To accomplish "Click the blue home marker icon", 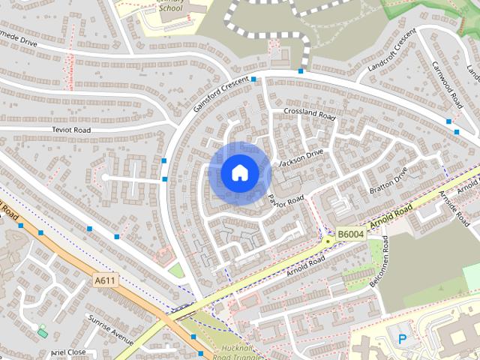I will [239, 172].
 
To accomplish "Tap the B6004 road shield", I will [349, 235].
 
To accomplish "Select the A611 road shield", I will [105, 280].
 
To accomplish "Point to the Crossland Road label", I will [309, 112].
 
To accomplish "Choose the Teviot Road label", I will [71, 130].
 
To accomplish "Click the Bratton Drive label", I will [388, 181].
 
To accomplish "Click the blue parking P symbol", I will [402, 339].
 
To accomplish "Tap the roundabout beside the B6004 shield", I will [328, 241].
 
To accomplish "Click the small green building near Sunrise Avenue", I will [42, 331].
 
